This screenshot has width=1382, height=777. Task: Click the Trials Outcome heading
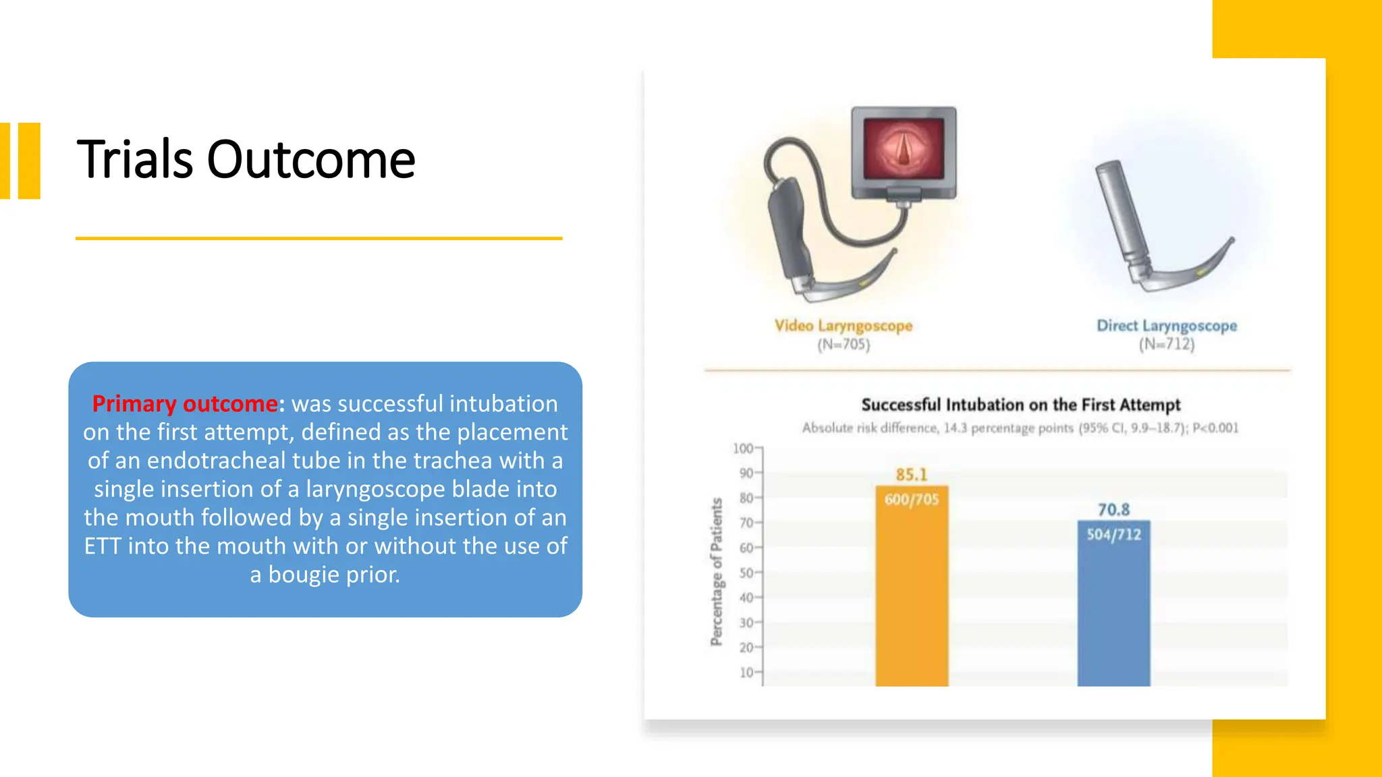(x=246, y=160)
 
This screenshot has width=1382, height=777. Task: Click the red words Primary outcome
(x=184, y=403)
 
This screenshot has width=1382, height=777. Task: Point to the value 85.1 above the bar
(x=911, y=474)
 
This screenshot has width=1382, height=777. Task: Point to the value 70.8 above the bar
(x=1113, y=509)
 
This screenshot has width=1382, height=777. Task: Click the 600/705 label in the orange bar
(x=911, y=500)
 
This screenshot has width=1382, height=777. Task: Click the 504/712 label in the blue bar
(x=1113, y=535)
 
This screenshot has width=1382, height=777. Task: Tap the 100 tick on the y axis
(x=743, y=449)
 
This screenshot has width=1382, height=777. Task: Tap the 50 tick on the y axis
(x=746, y=573)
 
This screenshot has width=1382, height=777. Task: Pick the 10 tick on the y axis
(x=746, y=672)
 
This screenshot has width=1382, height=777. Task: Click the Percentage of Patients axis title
(x=717, y=572)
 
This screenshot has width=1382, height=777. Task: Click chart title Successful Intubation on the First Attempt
(x=1020, y=405)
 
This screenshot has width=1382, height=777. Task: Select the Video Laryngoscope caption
(x=843, y=326)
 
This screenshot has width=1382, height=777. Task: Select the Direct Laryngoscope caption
(x=1166, y=326)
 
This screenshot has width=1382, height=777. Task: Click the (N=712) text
(x=1166, y=345)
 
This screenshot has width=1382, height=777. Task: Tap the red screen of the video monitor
(x=904, y=149)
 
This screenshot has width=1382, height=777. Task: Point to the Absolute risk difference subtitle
(x=1020, y=428)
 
